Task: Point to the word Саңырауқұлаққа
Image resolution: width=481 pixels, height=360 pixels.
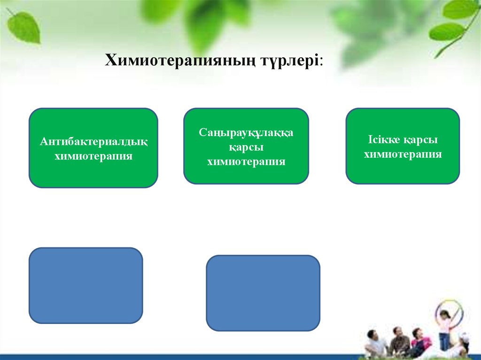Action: click(x=246, y=133)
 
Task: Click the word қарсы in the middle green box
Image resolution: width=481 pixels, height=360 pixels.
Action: click(x=246, y=147)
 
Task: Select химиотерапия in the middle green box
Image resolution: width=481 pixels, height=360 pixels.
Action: click(x=246, y=162)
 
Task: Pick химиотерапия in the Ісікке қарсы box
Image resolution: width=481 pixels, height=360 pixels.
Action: click(x=403, y=154)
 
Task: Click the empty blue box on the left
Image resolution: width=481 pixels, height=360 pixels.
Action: click(x=85, y=285)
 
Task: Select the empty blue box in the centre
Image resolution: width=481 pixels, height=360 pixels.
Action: click(x=263, y=293)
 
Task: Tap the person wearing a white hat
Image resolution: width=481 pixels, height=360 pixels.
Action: click(x=463, y=343)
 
